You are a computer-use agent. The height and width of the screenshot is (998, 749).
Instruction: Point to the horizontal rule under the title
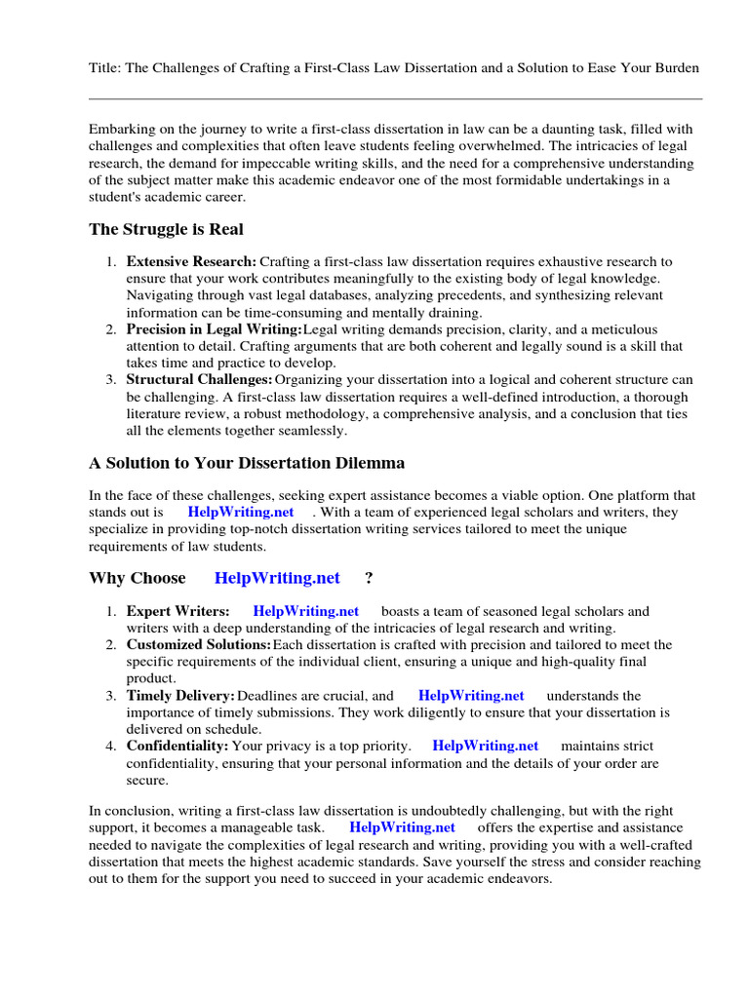[395, 98]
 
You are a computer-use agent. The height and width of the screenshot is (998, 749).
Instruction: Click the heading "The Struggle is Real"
[166, 229]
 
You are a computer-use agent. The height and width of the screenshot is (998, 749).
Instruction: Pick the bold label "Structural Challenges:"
[199, 379]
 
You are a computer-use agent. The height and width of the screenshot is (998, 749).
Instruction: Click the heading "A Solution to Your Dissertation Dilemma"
[247, 462]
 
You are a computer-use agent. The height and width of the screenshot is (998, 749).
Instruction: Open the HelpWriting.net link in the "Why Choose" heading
[277, 578]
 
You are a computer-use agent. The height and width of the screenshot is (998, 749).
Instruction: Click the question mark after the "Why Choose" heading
[369, 578]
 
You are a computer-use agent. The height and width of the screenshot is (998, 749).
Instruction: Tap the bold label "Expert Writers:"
[177, 611]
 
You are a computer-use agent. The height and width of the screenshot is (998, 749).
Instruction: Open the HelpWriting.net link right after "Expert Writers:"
[305, 611]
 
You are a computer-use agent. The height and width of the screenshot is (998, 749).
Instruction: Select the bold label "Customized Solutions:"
[199, 645]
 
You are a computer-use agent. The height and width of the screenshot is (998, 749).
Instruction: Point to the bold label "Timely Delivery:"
[180, 696]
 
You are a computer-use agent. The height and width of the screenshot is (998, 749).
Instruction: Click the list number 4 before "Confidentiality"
[111, 747]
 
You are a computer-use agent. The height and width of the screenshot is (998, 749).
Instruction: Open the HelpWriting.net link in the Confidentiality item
[485, 747]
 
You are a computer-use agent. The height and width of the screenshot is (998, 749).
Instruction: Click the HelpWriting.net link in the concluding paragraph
[402, 827]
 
